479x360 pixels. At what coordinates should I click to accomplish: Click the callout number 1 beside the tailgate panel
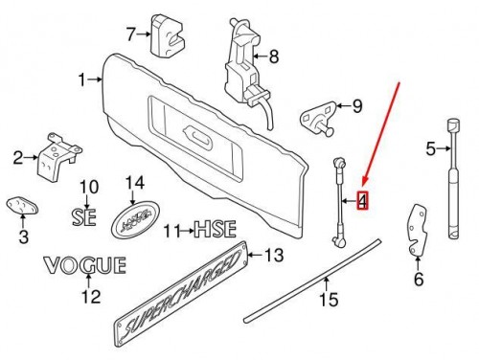(81, 79)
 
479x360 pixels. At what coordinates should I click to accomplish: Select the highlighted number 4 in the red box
(362, 202)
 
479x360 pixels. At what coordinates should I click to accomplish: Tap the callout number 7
(132, 35)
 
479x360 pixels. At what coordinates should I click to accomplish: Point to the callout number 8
(274, 57)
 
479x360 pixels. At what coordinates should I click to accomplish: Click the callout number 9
(358, 105)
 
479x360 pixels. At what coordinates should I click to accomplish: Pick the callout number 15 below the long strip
(329, 300)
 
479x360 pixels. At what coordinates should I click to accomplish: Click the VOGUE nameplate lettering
(84, 263)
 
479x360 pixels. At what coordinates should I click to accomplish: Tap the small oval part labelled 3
(22, 207)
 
